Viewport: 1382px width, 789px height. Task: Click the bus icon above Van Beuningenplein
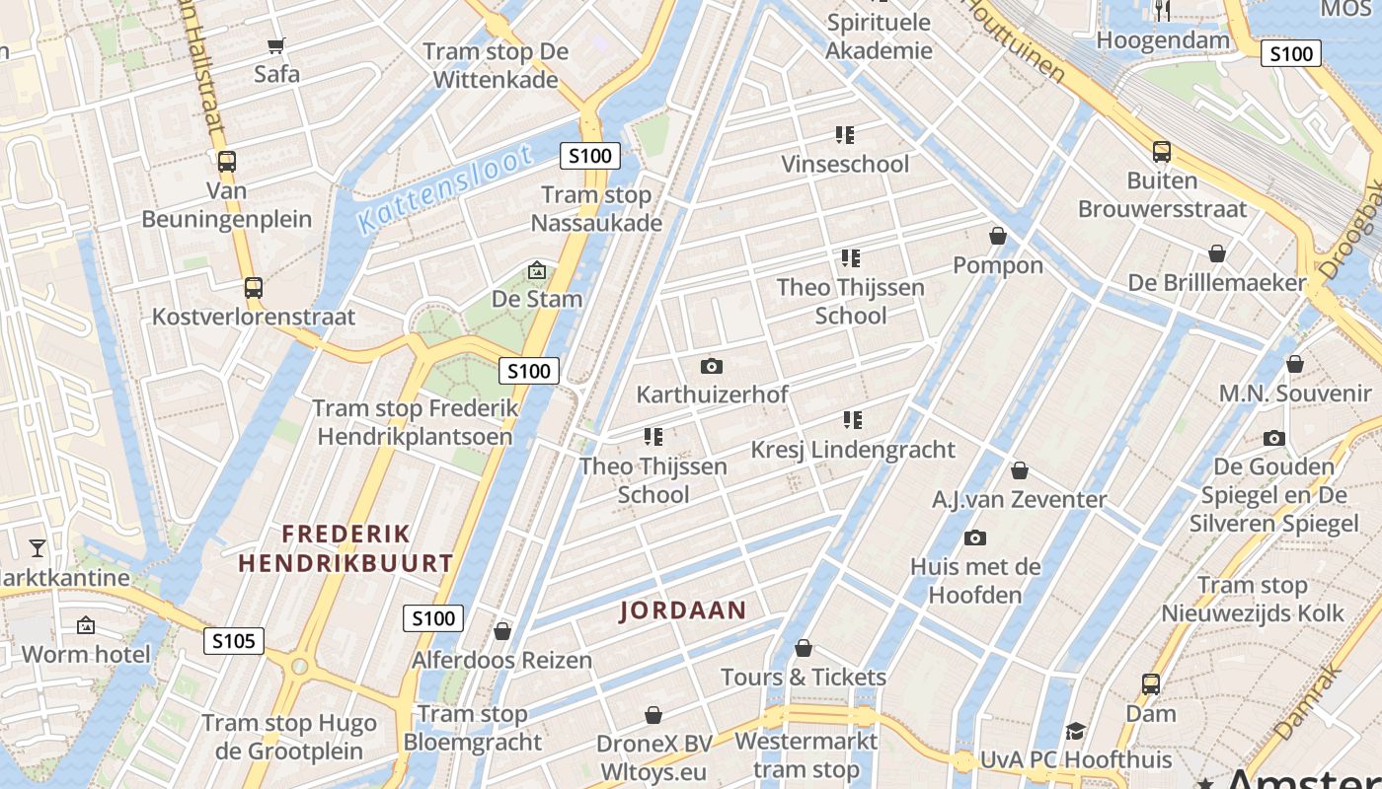click(227, 161)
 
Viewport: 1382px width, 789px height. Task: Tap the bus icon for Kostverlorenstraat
click(254, 288)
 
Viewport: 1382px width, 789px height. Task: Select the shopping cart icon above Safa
click(276, 45)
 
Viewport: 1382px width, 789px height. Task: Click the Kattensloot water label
click(445, 188)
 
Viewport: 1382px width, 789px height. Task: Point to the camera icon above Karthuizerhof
click(712, 366)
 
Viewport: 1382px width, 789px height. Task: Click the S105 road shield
click(234, 641)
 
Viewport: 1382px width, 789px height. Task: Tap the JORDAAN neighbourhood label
click(683, 610)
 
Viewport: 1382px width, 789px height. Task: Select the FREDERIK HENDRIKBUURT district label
click(345, 549)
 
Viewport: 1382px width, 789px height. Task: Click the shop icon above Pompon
click(998, 236)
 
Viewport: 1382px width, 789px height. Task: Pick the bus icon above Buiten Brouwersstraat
click(1162, 152)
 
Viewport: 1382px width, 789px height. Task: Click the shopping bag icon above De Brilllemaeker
click(1217, 253)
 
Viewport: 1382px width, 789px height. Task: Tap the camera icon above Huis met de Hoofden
click(975, 538)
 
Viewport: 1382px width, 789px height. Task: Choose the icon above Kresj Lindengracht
click(853, 420)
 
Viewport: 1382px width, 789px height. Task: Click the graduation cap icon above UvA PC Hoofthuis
click(1075, 731)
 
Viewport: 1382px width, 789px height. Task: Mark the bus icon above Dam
click(1151, 683)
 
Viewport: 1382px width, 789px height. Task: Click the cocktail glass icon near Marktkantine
click(38, 547)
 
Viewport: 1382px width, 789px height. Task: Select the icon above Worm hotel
click(86, 624)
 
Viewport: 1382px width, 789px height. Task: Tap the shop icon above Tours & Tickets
click(804, 648)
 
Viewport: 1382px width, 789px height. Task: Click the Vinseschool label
click(845, 164)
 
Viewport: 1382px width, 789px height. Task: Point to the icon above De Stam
click(536, 269)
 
